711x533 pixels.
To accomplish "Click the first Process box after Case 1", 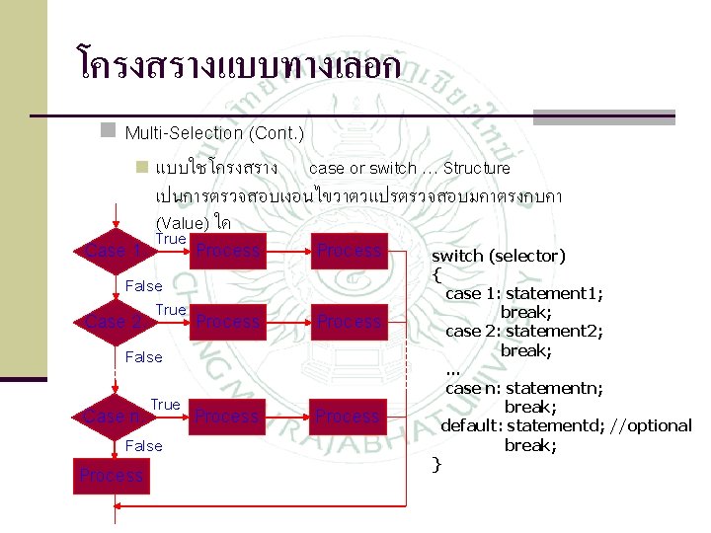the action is [227, 251].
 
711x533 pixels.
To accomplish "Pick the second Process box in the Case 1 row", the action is [349, 251].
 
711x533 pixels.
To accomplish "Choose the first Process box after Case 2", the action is [227, 322].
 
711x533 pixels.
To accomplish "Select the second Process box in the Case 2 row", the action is [349, 322].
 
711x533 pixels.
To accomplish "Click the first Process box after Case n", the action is [227, 417].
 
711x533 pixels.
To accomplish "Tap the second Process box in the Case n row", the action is [349, 417].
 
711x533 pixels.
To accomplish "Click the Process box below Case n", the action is [112, 476].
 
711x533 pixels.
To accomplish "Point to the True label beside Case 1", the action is [171, 239].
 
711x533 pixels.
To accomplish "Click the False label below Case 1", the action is [144, 286].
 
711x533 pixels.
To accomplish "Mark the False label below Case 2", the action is [144, 357].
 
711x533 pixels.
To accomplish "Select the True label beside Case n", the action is [166, 405].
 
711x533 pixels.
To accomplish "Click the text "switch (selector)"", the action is [499, 256].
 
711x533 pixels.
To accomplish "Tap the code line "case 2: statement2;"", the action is [524, 331].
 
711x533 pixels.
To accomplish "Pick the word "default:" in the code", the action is [472, 425].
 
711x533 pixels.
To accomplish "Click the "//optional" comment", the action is [651, 425].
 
